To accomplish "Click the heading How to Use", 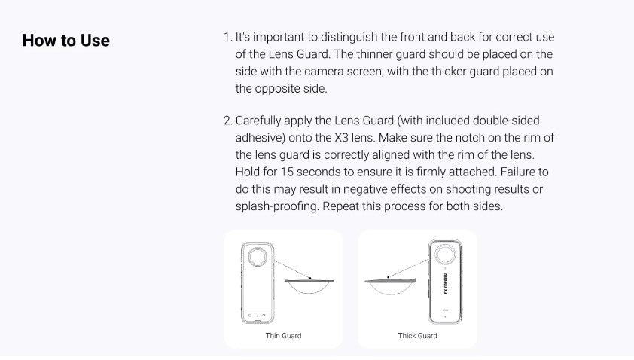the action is pos(66,41).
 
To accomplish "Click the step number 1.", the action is pos(227,37).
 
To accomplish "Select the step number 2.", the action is pos(228,121).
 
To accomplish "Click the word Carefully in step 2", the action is pos(258,121).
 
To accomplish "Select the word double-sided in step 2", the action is pos(506,121).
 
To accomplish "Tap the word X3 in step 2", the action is pos(341,138).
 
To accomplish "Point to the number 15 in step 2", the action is pos(287,172).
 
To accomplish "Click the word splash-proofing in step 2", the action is pos(277,206).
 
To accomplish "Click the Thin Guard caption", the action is pos(283,336).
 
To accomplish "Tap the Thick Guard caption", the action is pos(418,336).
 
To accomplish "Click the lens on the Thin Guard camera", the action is pos(258,257).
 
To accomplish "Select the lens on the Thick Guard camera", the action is pos(445,255).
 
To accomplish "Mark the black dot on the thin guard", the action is pos(310,279).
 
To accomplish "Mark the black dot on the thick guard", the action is pos(389,277).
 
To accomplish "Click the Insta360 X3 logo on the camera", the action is pos(446,282).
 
